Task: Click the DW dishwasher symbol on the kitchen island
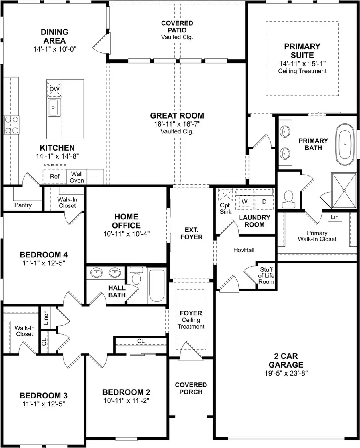tap(54, 89)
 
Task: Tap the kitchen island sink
tap(54, 107)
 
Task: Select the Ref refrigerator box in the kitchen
tap(54, 176)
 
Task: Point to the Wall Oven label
tap(77, 177)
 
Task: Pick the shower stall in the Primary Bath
tap(343, 191)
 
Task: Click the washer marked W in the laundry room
tap(244, 201)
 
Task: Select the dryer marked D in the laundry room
tap(264, 201)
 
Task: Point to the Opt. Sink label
tap(226, 208)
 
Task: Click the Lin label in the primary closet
tap(334, 217)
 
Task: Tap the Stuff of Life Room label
tap(267, 276)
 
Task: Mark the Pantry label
tap(23, 205)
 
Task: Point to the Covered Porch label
tap(191, 388)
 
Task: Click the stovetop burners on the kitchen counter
tap(12, 124)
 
